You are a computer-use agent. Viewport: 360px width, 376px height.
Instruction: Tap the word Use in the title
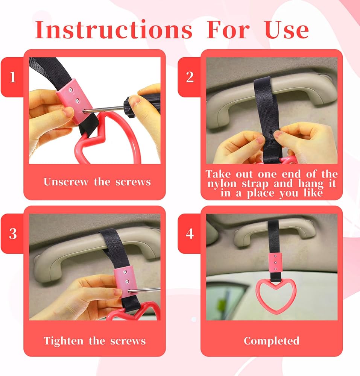[287, 30]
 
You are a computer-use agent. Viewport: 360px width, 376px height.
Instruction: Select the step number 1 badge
[12, 77]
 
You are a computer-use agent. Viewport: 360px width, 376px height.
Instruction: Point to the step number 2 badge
[190, 77]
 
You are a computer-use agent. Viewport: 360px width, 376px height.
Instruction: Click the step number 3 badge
[12, 233]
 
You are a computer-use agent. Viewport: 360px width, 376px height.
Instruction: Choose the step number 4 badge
[190, 233]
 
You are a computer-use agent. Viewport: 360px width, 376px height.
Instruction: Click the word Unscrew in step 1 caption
[66, 182]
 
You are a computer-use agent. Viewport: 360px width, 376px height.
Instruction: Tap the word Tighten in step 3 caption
[64, 341]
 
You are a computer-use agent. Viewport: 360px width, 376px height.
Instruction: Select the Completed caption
[272, 341]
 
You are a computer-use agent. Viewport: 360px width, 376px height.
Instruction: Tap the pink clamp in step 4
[275, 262]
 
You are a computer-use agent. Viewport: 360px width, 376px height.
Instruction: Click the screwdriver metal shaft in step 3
[144, 290]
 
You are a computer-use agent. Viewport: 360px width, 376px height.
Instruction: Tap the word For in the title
[228, 30]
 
